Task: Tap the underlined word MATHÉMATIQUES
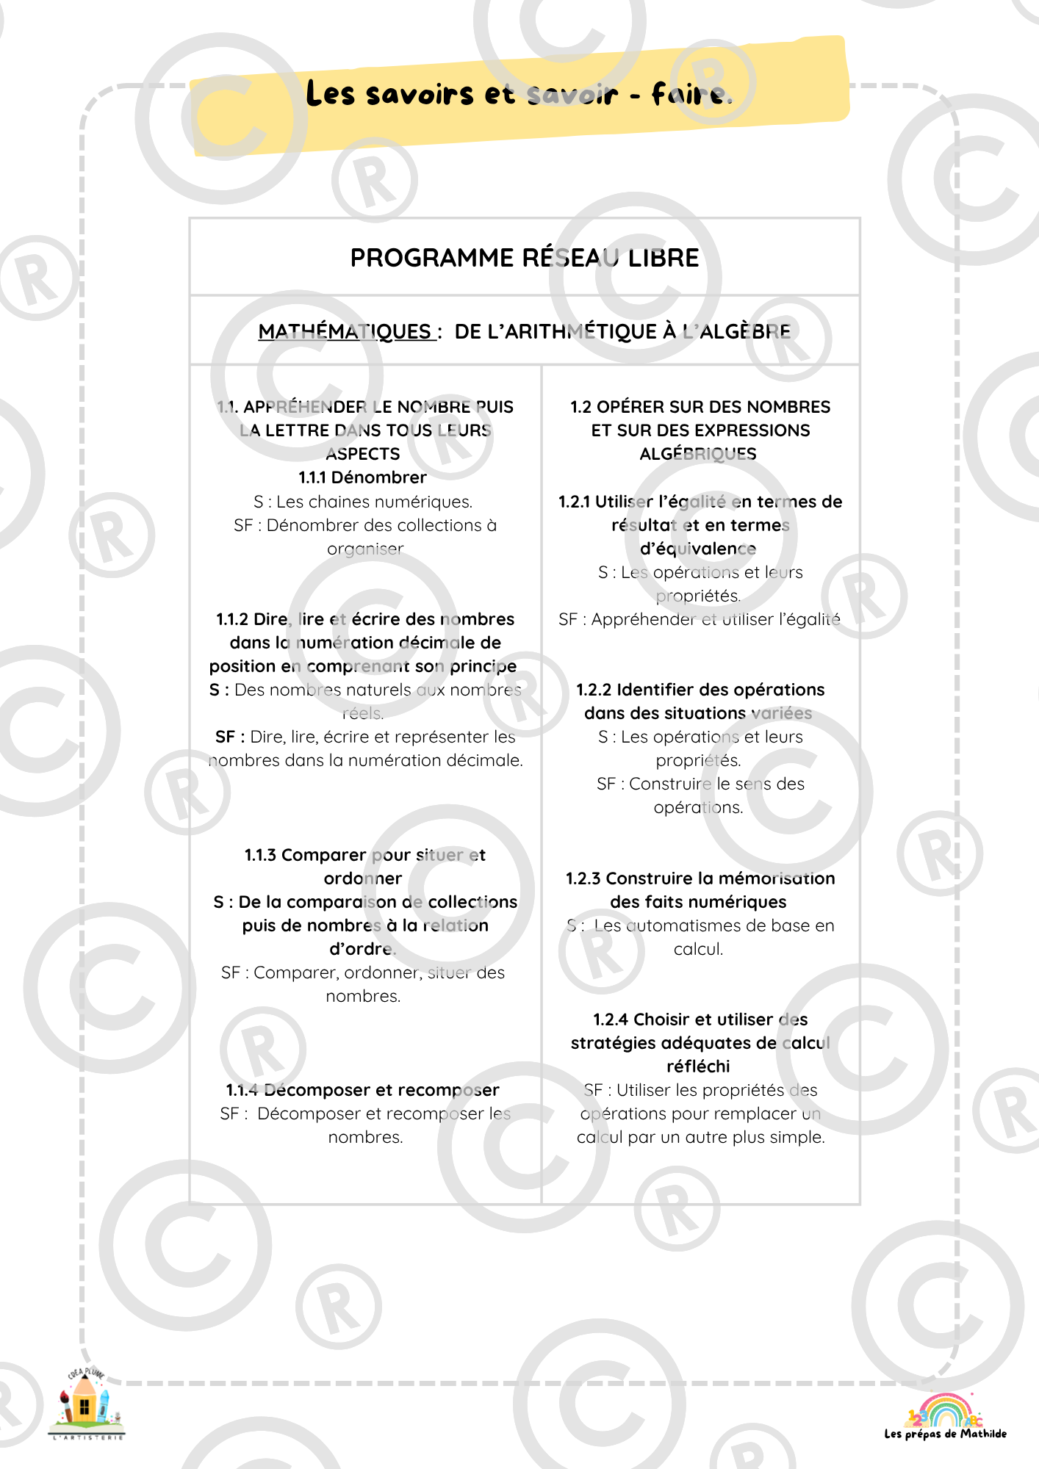[345, 331]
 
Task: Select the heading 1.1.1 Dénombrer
[362, 477]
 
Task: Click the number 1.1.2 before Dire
[231, 619]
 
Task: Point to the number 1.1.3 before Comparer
[260, 855]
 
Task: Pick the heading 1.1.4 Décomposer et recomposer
[362, 1090]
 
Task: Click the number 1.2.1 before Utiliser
[574, 502]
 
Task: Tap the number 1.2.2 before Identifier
[593, 690]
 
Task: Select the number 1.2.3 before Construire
[583, 878]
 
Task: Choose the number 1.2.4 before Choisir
[611, 1019]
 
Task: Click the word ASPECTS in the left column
[363, 454]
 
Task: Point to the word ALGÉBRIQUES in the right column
[698, 454]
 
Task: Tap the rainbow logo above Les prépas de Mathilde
[944, 1410]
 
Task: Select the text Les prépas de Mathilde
[945, 1434]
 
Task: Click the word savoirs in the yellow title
[420, 95]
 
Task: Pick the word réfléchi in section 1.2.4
[698, 1066]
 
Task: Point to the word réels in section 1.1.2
[362, 713]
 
